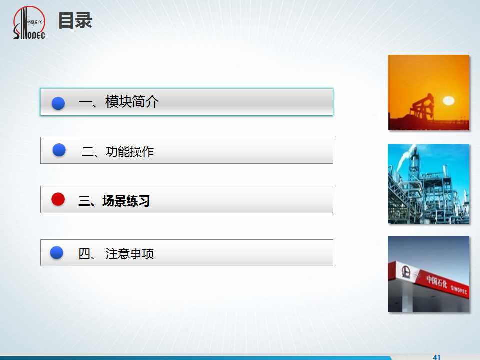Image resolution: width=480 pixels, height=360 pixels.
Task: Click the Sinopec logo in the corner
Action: coord(29,23)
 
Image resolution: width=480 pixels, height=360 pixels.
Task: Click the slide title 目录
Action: coord(75,21)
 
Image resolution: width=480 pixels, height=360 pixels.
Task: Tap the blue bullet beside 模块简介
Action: coord(58,103)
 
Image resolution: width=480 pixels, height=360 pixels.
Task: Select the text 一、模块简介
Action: coord(119,101)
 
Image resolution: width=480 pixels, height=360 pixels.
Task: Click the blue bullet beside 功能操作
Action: coord(59,150)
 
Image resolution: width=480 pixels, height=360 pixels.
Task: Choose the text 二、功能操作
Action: coord(118,152)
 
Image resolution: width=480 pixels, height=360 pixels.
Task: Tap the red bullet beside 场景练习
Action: coord(58,199)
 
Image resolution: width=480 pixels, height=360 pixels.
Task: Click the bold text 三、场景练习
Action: coord(114,201)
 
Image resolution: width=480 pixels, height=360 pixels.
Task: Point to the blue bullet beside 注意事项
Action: coord(56,253)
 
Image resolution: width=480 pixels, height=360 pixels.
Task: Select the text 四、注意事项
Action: coord(116,254)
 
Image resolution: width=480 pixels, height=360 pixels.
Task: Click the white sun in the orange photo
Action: coord(448,100)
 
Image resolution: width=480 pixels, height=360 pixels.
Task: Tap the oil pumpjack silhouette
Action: coord(422,108)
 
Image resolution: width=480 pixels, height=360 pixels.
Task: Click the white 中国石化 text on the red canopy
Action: coord(437,281)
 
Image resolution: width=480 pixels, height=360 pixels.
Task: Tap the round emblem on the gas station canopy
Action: coord(406,271)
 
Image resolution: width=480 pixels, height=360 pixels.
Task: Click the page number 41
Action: coord(437,357)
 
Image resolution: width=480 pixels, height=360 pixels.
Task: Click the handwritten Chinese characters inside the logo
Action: coord(36,22)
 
